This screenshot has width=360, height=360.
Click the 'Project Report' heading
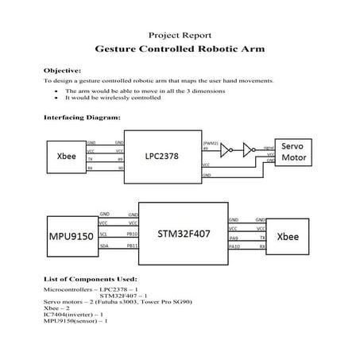click(x=179, y=35)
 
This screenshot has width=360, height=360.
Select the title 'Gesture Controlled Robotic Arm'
click(x=179, y=48)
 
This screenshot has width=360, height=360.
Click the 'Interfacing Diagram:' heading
click(x=82, y=117)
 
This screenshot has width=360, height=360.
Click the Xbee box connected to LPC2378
click(x=66, y=156)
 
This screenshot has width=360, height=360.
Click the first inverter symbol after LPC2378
click(x=226, y=149)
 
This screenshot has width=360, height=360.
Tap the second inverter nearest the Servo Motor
click(x=247, y=149)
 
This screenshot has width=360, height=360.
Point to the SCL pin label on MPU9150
click(x=104, y=234)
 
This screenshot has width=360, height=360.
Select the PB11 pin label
click(x=133, y=246)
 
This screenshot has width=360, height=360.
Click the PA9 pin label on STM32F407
click(x=234, y=237)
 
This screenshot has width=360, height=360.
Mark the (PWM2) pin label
click(x=211, y=142)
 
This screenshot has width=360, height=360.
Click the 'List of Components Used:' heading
click(x=90, y=279)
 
